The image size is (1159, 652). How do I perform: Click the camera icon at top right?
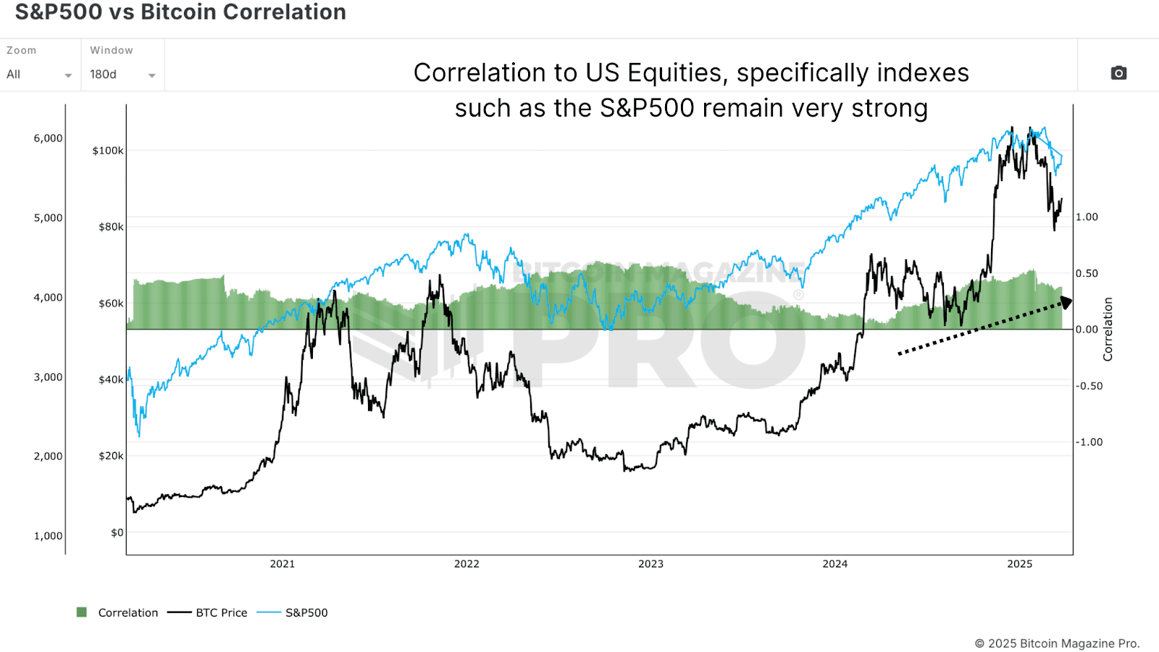pyautogui.click(x=1118, y=73)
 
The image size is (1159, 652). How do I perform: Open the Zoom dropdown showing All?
pyautogui.click(x=39, y=74)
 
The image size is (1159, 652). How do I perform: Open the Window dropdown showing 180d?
pyautogui.click(x=122, y=74)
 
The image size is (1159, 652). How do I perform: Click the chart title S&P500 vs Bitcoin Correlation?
pyautogui.click(x=180, y=12)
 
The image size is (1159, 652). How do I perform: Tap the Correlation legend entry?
pyautogui.click(x=117, y=612)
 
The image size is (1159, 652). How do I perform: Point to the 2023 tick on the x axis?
pyautogui.click(x=650, y=564)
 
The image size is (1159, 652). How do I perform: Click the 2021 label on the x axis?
pyautogui.click(x=283, y=564)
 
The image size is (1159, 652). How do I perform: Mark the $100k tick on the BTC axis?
pyautogui.click(x=108, y=151)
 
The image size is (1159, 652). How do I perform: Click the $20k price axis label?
pyautogui.click(x=111, y=456)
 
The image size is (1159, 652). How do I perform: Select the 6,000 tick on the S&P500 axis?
pyautogui.click(x=48, y=138)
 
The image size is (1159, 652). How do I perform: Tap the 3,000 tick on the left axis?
pyautogui.click(x=48, y=377)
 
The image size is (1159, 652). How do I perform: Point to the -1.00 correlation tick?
pyautogui.click(x=1089, y=442)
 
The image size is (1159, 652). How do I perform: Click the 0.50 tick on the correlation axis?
pyautogui.click(x=1087, y=273)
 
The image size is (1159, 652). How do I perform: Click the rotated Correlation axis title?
pyautogui.click(x=1108, y=329)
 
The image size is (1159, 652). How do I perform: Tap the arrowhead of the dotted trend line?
pyautogui.click(x=1066, y=302)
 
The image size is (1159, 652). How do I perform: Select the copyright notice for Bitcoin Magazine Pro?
pyautogui.click(x=1057, y=643)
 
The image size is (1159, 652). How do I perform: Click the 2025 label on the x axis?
pyautogui.click(x=1019, y=564)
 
